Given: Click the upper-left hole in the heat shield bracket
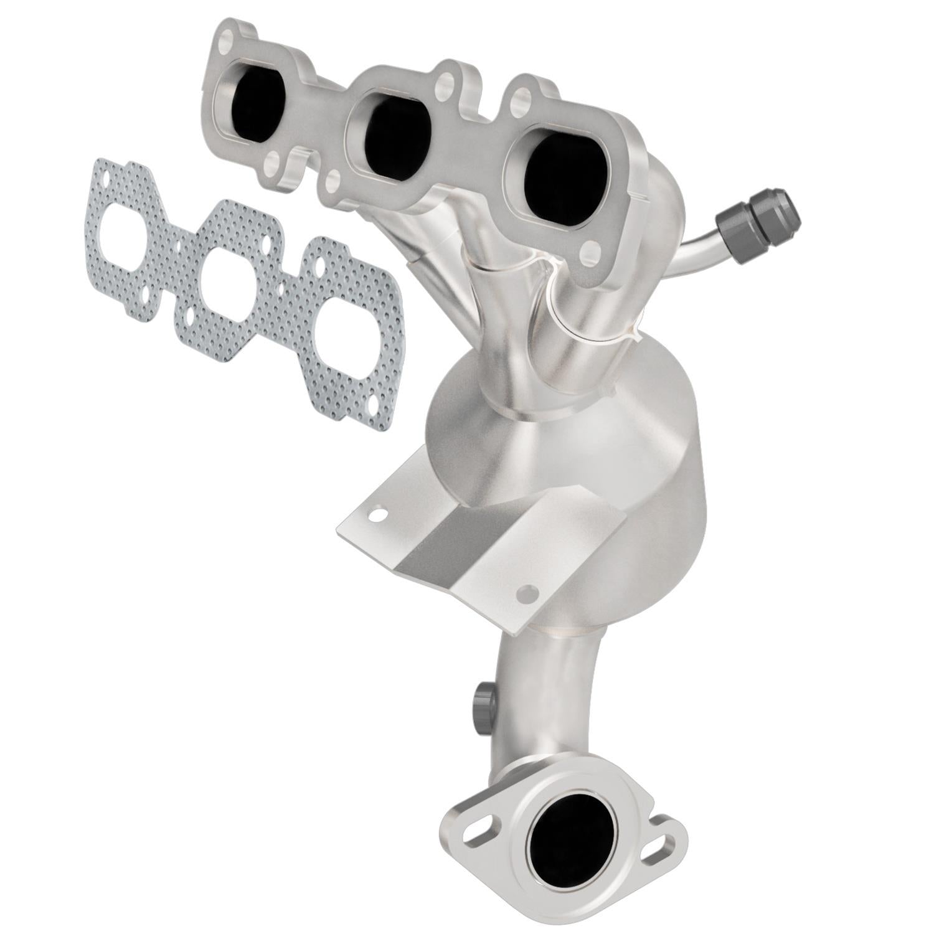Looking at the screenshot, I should tap(376, 514).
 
